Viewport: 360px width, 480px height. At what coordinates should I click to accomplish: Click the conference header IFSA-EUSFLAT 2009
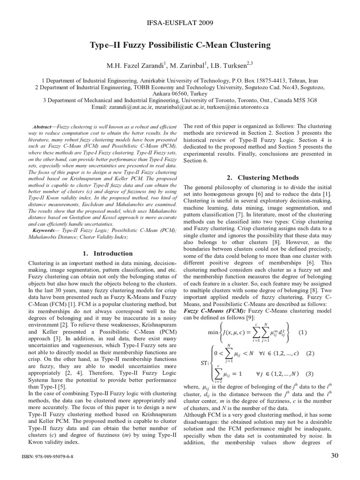pos(180,22)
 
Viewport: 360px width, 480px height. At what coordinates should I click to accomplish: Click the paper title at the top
pos(180,45)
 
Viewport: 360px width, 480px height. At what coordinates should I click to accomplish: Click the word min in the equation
pos(213,333)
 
